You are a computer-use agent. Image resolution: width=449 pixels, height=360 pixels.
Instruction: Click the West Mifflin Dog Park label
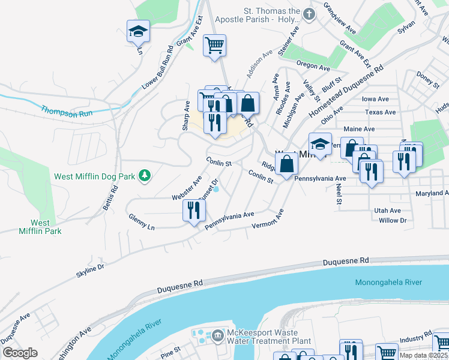[x=94, y=176]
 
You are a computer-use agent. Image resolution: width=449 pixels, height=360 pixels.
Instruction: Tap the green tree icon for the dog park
[x=145, y=176]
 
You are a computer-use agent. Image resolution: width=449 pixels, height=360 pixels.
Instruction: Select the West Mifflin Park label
[x=40, y=227]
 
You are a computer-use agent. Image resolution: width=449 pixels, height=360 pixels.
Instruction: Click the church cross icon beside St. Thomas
[x=309, y=14]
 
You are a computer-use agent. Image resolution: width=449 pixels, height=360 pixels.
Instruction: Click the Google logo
[x=20, y=353]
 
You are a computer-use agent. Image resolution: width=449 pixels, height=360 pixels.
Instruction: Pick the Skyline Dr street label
[x=90, y=269]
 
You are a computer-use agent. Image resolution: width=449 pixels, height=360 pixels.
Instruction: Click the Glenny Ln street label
[x=142, y=223]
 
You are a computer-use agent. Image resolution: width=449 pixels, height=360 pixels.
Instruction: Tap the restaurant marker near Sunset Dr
[x=193, y=211]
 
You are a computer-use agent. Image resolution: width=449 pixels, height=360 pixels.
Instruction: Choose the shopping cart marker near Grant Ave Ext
[x=214, y=46]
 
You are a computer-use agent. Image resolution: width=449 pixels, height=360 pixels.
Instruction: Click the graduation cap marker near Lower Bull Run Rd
[x=139, y=32]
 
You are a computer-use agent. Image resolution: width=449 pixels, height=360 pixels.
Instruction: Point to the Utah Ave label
[x=387, y=211]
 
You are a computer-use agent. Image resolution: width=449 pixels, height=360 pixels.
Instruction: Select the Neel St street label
[x=339, y=194]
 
